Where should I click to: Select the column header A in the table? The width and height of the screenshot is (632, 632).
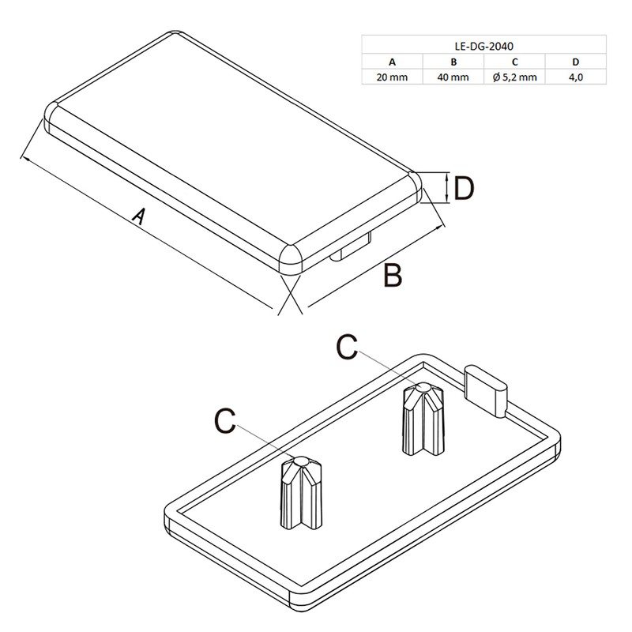coord(392,62)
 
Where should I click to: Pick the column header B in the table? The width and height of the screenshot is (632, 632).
coord(453,62)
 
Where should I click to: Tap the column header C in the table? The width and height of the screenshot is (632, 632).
coord(513,62)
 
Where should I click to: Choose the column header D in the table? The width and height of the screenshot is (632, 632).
coord(574,62)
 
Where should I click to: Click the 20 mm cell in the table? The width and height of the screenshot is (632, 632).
coord(392,77)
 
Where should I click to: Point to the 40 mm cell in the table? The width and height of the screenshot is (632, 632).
coord(453,77)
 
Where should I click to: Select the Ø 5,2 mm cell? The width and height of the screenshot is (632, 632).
coord(513,77)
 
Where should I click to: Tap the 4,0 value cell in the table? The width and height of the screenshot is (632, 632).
coord(574,77)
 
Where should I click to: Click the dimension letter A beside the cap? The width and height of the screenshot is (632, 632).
coord(138,216)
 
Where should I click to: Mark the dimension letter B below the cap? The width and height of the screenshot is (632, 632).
coord(393,276)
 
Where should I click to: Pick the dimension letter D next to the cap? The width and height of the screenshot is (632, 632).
coord(464,189)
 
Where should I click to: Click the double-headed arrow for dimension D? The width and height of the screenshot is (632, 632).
coord(448,188)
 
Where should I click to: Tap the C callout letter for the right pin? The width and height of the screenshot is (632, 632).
coord(348,346)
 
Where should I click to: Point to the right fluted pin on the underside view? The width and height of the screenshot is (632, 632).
coord(423,419)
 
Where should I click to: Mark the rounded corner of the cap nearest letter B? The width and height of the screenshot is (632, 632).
coord(292,258)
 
